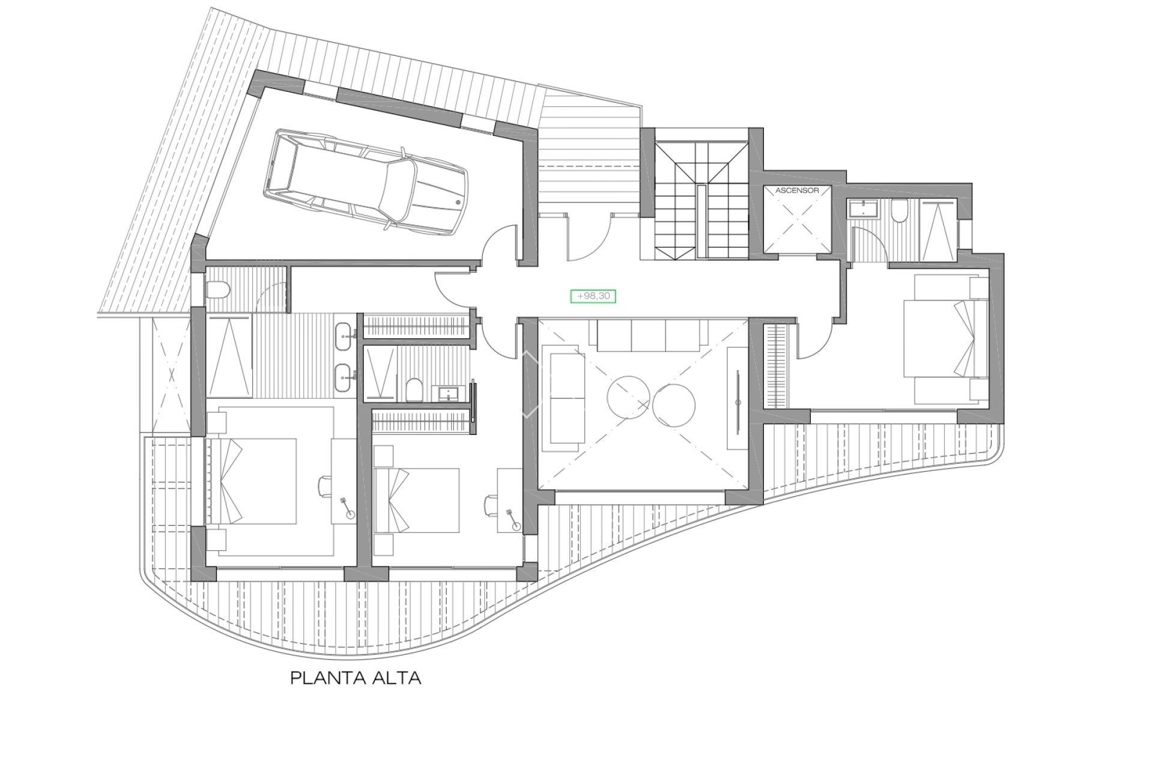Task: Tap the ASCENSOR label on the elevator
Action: [797, 190]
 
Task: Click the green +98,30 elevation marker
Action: [593, 296]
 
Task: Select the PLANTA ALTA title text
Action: [356, 679]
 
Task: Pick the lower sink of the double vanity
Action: [344, 373]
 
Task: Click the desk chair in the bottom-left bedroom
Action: [325, 485]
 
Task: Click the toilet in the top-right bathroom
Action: [900, 212]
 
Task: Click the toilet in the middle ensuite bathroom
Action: [413, 391]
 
